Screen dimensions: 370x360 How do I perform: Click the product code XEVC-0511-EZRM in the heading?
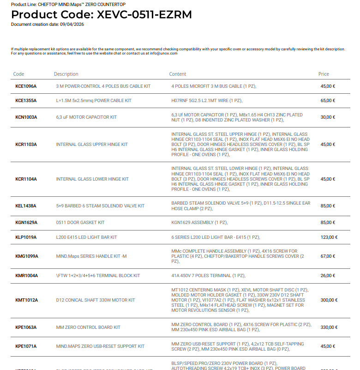tap(144, 14)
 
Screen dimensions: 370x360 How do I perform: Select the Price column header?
tap(324, 74)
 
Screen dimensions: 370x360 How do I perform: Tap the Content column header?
tap(178, 74)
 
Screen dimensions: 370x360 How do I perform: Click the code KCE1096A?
tap(26, 86)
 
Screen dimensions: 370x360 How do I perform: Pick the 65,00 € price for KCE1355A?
tap(328, 100)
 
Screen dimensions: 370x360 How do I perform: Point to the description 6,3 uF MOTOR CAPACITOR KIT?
tap(86, 117)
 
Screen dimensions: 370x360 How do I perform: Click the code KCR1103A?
tap(26, 145)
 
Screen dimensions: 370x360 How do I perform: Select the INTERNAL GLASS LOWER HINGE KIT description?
tap(92, 179)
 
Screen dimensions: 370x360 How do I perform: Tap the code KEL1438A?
tap(26, 206)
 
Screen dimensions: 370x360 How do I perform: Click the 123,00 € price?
tap(329, 237)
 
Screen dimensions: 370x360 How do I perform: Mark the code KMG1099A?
tap(27, 256)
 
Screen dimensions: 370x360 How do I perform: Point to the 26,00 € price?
tap(328, 276)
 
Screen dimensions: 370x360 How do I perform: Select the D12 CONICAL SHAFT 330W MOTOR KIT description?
tap(96, 300)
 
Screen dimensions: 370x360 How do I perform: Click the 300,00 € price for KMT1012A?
tap(329, 300)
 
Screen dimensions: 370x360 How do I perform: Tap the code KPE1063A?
tap(26, 328)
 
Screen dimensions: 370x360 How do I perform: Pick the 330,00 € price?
tap(329, 328)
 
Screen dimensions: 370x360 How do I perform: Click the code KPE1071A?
tap(26, 346)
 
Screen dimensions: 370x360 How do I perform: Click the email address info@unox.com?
tap(162, 53)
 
